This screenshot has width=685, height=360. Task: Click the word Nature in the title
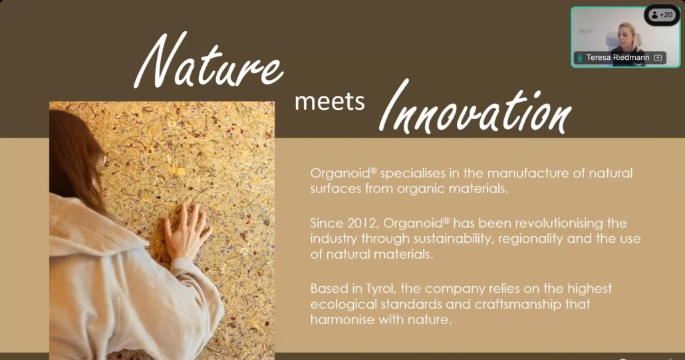pyautogui.click(x=209, y=61)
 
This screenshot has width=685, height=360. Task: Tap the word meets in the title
pyautogui.click(x=329, y=101)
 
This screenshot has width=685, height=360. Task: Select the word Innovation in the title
pyautogui.click(x=475, y=108)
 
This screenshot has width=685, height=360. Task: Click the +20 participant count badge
pyautogui.click(x=662, y=15)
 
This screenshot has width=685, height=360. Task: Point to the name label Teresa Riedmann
pyautogui.click(x=618, y=58)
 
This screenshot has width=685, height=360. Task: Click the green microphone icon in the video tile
pyautogui.click(x=580, y=58)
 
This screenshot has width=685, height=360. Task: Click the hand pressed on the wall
pyautogui.click(x=186, y=232)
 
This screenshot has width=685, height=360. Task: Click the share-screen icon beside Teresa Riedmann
pyautogui.click(x=658, y=58)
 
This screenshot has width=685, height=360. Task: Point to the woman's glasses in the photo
pyautogui.click(x=102, y=161)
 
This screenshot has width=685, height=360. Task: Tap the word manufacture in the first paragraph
pyautogui.click(x=528, y=174)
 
